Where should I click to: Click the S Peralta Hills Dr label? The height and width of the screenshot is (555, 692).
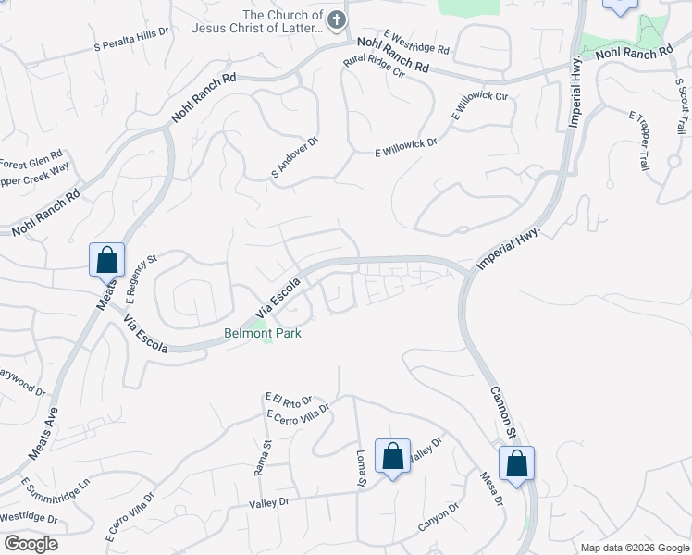[132, 38]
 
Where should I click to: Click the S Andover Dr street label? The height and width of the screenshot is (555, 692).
[294, 156]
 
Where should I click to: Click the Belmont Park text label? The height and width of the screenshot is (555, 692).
[263, 333]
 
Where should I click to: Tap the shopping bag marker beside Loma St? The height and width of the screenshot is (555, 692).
[392, 456]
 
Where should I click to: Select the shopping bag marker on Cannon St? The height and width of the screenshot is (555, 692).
[516, 463]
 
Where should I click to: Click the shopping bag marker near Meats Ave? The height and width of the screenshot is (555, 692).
[106, 260]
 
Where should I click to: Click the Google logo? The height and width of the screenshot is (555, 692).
[31, 544]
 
